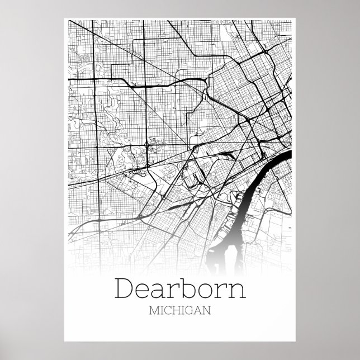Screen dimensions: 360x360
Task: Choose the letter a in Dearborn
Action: coord(161,290)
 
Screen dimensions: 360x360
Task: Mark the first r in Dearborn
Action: coord(174,290)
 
